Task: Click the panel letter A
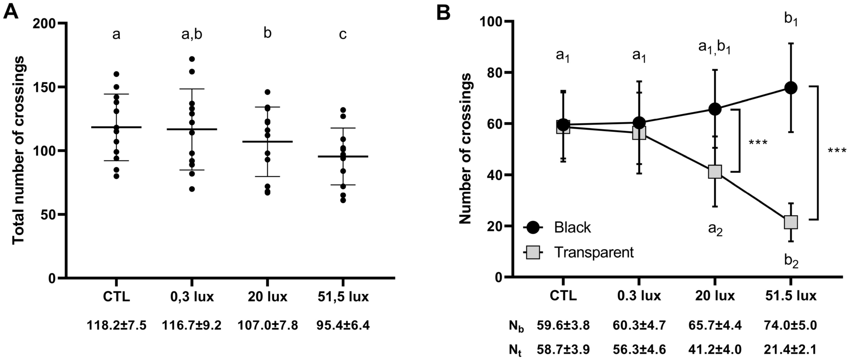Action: [x=11, y=11]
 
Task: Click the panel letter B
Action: [x=443, y=12]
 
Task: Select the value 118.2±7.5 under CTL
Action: [x=116, y=325]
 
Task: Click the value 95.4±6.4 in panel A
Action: [x=343, y=325]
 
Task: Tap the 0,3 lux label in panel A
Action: [x=192, y=297]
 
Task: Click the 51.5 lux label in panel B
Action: [x=791, y=296]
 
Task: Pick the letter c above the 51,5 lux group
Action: [x=343, y=35]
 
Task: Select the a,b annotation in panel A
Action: [x=192, y=35]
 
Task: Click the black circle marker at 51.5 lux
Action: [x=791, y=88]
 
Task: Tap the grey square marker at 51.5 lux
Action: [x=791, y=222]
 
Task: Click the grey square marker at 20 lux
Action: [x=715, y=171]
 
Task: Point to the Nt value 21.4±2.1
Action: [x=791, y=350]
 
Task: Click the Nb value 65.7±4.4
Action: [x=715, y=325]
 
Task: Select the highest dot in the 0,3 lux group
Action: [x=192, y=59]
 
